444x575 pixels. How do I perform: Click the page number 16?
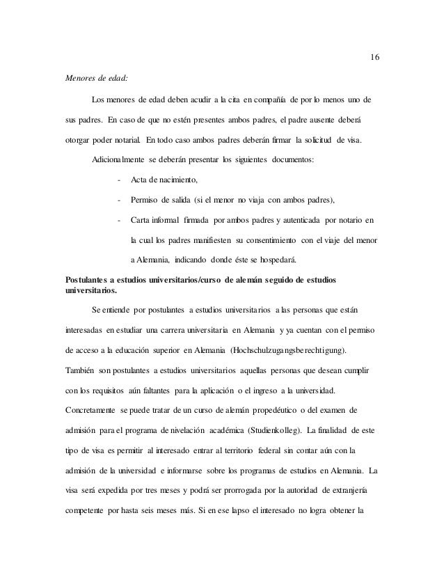(374, 56)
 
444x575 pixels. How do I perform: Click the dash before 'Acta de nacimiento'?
(120, 180)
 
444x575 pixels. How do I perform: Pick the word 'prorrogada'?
(228, 489)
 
